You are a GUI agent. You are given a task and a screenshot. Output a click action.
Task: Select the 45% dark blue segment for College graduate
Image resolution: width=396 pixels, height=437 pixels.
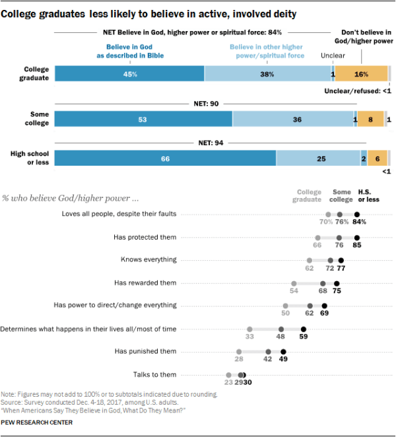(x=129, y=74)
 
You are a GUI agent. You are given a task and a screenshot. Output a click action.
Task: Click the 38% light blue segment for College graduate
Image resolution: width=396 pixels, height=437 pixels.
(x=267, y=74)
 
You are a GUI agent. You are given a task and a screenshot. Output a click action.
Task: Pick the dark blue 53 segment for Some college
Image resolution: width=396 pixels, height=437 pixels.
(x=143, y=119)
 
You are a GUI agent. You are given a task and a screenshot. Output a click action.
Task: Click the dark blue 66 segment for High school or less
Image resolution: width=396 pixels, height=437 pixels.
(x=165, y=158)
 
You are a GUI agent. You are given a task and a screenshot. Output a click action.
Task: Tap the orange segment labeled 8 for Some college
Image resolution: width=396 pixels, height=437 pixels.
(x=371, y=119)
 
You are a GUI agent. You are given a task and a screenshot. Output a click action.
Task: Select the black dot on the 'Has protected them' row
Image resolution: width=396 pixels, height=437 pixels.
(x=357, y=238)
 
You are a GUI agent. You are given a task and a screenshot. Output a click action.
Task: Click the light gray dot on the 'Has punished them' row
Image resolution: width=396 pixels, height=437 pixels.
(x=238, y=352)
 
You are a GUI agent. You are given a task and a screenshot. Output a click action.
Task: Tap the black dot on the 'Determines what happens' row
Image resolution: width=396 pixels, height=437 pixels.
(x=304, y=329)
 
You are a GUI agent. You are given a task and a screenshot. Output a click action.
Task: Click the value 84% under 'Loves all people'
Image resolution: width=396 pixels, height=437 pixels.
(x=359, y=222)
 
